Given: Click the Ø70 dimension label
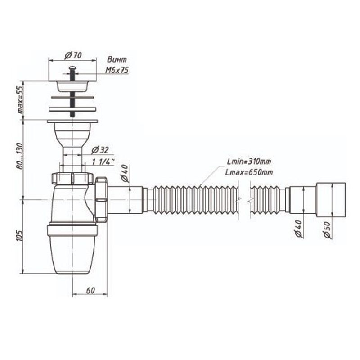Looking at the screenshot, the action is point(73,55).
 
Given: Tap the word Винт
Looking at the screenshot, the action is point(117,59).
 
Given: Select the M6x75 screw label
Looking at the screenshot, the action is point(117,70).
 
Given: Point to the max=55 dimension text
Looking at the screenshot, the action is point(21,100).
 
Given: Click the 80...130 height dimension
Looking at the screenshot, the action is point(20,156).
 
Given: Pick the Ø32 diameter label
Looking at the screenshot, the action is point(100,150).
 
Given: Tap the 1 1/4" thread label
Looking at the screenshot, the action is point(103,162).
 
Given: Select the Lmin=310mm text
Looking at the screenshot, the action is point(249,162).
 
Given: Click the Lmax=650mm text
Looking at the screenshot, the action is point(249,172).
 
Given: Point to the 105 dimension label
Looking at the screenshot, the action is point(20,235).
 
